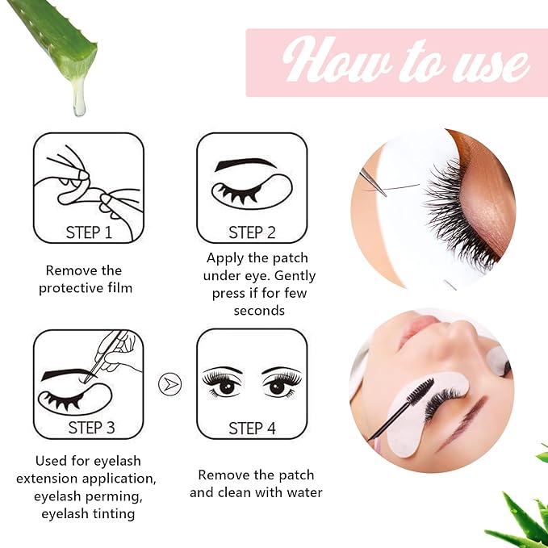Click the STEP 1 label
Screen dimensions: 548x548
click(x=88, y=232)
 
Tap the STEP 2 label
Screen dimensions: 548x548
click(x=252, y=232)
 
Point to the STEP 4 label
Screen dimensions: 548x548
click(x=252, y=428)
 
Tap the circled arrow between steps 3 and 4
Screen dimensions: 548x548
click(x=169, y=383)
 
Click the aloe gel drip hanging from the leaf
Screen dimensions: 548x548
click(x=78, y=96)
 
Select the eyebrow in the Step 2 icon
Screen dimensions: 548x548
click(x=245, y=164)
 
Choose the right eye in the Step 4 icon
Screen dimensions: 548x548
click(x=279, y=384)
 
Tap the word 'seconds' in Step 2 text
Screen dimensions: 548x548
click(x=259, y=311)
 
